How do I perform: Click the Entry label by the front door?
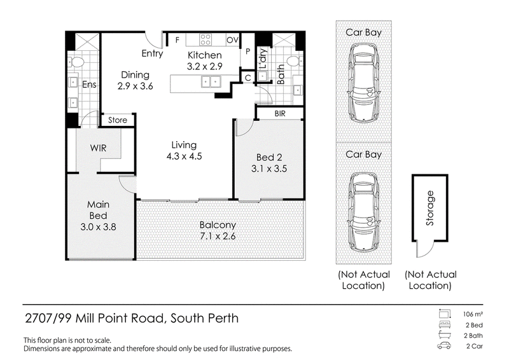152,53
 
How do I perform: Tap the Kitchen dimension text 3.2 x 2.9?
204,67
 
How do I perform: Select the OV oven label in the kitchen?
232,40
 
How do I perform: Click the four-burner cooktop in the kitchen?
205,39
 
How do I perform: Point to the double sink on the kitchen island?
211,81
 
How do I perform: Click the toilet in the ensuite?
76,61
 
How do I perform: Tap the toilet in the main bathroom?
294,61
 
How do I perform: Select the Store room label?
118,120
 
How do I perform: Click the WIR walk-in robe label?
99,148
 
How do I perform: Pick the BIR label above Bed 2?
280,114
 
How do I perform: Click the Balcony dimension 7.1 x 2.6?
218,236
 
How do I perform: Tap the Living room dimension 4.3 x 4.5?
184,156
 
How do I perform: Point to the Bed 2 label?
269,158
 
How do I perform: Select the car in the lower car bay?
363,212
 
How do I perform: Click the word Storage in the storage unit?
430,208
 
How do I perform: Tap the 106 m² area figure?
473,314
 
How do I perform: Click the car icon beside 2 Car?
444,345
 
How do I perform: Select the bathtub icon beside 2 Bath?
444,335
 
